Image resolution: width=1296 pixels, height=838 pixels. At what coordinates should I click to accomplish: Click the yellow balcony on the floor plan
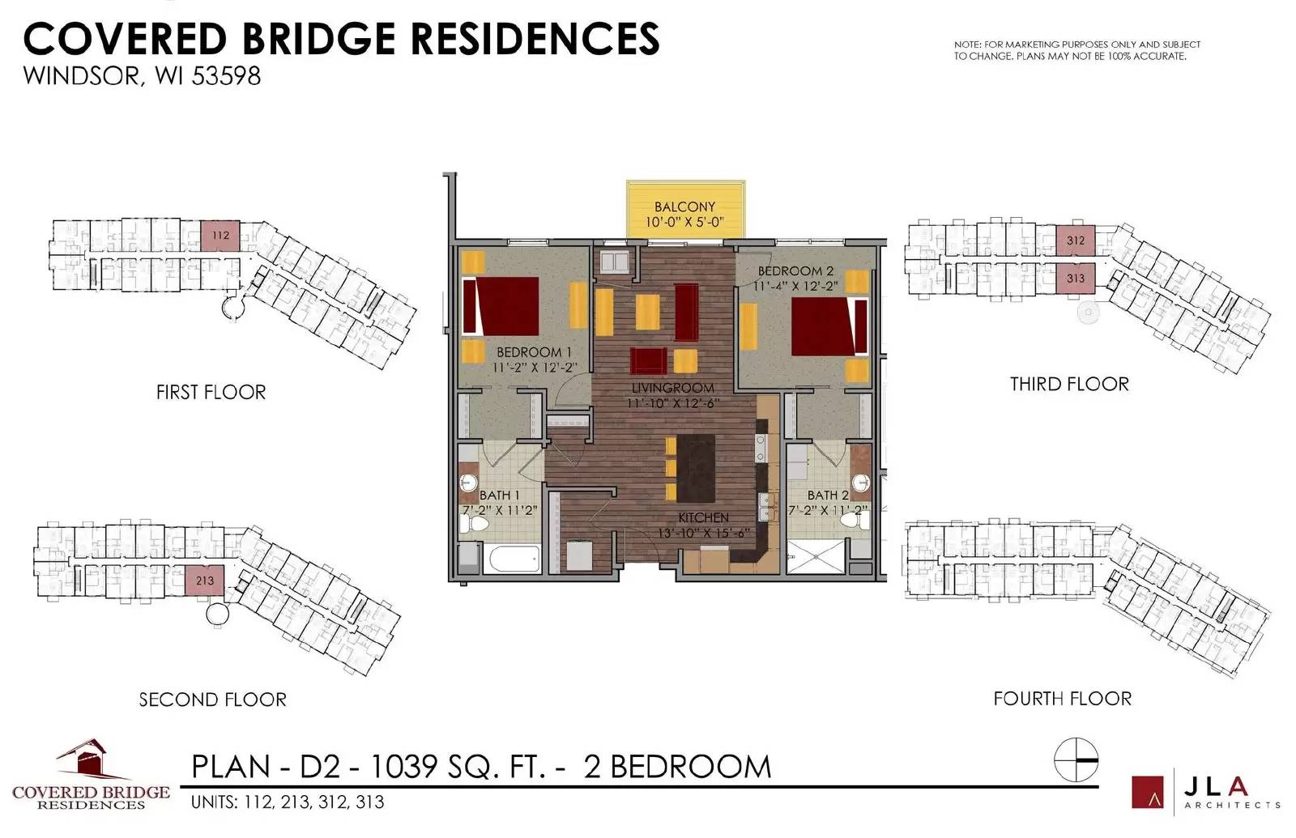(685, 210)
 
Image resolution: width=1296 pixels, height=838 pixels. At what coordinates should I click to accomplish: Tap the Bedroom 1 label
(534, 351)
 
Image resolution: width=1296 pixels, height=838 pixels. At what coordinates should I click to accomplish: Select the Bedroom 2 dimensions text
(795, 286)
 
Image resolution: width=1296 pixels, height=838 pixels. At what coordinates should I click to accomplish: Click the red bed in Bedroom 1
(501, 306)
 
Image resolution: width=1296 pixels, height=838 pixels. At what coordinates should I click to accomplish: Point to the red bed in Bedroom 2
(829, 326)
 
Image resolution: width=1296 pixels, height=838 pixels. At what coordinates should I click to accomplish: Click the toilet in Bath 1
(474, 523)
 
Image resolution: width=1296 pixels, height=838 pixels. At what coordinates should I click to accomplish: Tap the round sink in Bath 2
(861, 481)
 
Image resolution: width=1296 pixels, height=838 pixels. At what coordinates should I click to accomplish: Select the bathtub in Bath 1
(515, 559)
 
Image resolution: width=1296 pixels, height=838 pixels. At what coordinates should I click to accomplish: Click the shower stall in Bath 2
(816, 557)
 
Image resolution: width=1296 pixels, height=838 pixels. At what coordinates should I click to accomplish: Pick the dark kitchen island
(696, 469)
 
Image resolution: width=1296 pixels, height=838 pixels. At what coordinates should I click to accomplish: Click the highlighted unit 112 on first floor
(220, 236)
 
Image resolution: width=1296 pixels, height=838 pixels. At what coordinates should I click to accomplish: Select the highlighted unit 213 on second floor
(204, 580)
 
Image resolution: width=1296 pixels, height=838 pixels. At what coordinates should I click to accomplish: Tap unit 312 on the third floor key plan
(1076, 240)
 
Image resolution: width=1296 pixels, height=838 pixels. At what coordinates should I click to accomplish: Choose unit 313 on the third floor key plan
(1076, 279)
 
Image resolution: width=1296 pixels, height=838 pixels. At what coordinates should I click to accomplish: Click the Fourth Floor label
(1062, 699)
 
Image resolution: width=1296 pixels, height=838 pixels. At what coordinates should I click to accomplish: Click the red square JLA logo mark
(1147, 792)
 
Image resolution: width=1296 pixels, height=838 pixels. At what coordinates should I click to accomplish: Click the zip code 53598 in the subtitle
(226, 76)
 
